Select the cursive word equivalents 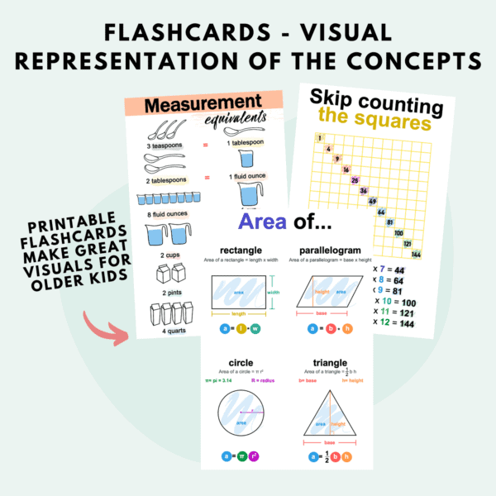(235, 122)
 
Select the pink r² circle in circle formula (254, 455)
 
